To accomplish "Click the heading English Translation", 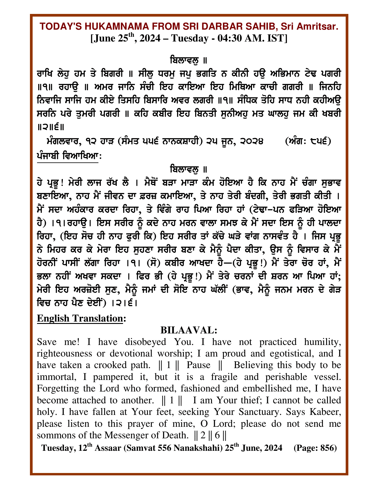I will point(79,318).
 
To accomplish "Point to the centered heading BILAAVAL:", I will point(189,330).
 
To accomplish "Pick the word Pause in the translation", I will point(198,365).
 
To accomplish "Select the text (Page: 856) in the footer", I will point(315,448).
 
